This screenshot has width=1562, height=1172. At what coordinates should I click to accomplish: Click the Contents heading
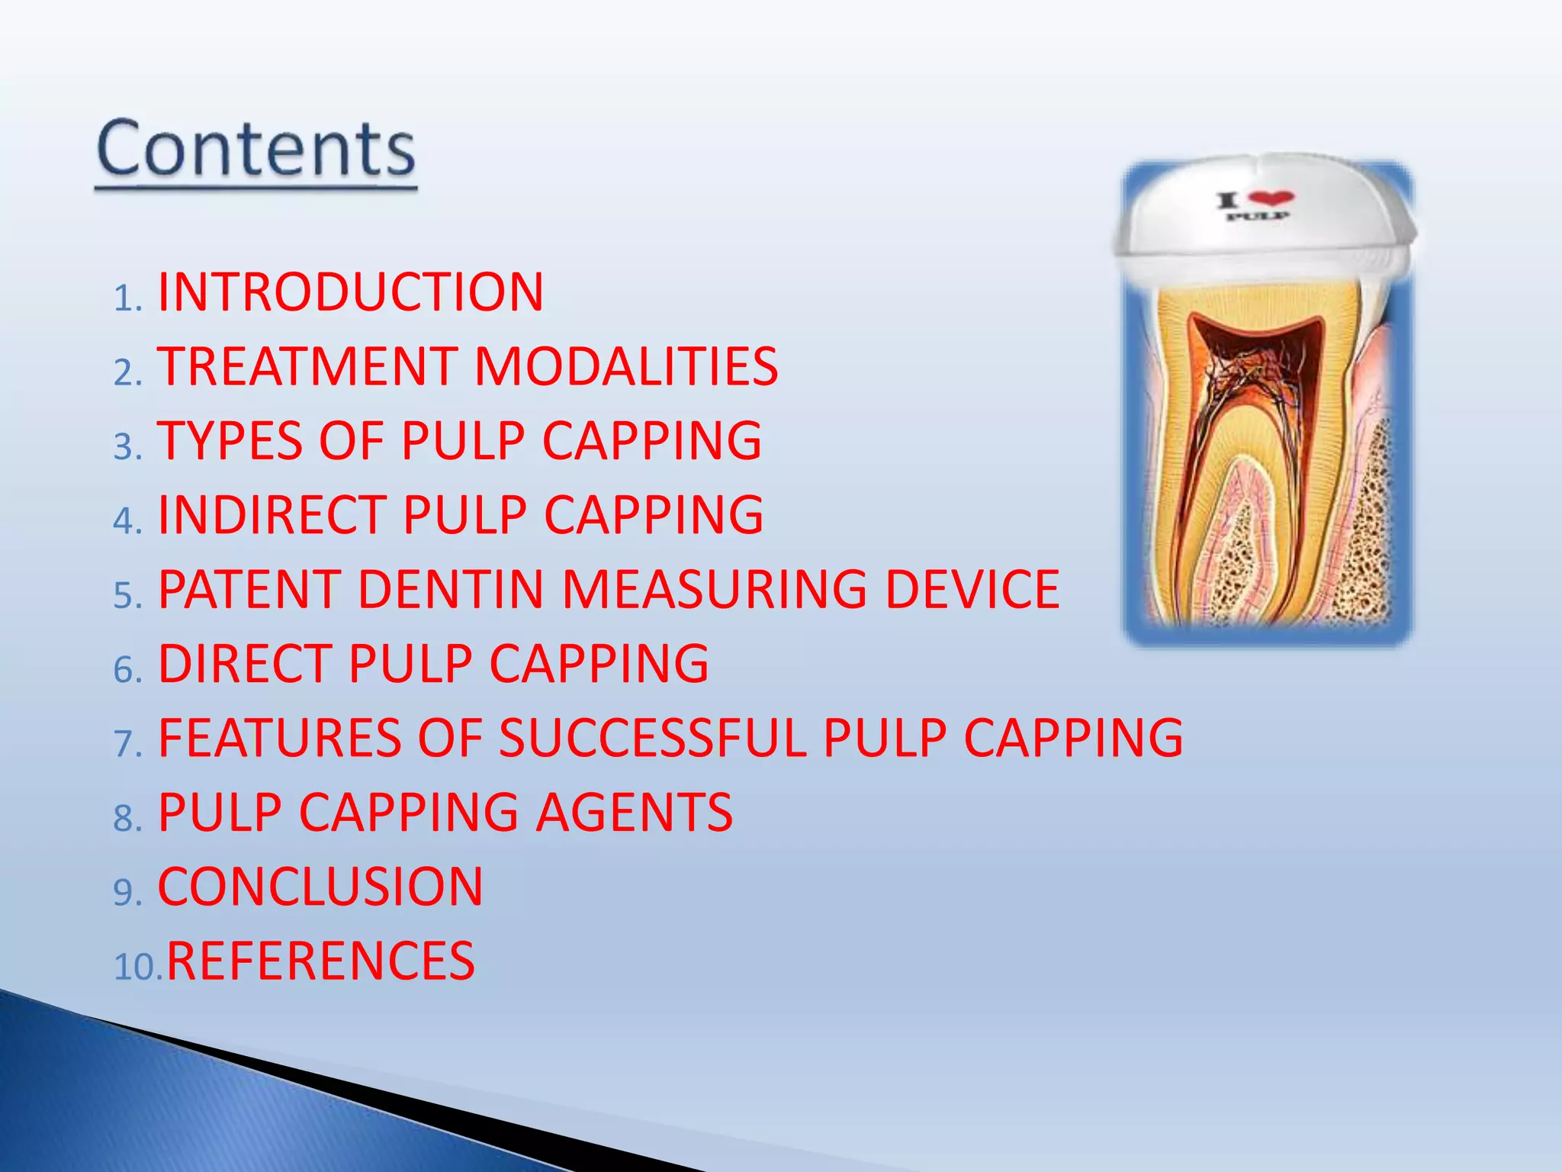[x=256, y=149]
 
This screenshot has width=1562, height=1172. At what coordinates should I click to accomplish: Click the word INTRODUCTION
[x=350, y=292]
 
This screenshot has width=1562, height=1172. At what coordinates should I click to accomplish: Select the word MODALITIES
[x=625, y=366]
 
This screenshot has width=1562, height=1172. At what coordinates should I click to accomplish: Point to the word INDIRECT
[x=272, y=515]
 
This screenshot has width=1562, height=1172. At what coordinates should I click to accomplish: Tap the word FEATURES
[x=279, y=738]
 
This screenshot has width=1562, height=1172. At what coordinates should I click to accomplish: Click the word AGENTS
[x=633, y=812]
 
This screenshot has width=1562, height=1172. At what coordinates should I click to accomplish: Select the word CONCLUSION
[x=320, y=887]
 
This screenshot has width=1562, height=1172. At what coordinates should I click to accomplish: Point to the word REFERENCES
[x=320, y=961]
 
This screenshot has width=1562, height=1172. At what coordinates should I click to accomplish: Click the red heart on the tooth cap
[x=1271, y=198]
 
